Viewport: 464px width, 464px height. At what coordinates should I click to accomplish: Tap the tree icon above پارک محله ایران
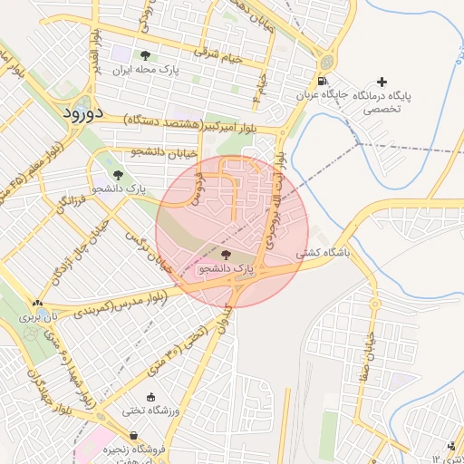(x=145, y=55)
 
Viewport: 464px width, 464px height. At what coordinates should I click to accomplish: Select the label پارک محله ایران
(x=146, y=69)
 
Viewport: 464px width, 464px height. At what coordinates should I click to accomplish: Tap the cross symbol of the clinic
(x=382, y=82)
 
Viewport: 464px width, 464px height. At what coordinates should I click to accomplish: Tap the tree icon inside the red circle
(x=226, y=255)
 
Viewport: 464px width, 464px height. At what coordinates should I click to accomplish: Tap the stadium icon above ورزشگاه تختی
(x=150, y=397)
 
